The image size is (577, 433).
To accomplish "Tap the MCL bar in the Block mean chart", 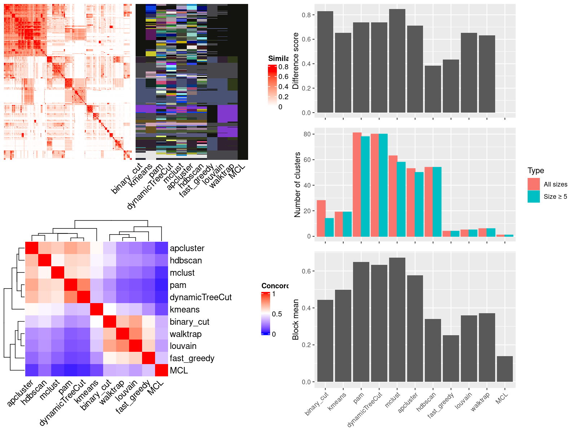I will tap(505, 369).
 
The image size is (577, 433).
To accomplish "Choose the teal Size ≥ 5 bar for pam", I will tap(365, 186).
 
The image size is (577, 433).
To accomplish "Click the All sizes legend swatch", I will tap(534, 184).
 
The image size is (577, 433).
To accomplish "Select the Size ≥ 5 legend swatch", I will tap(534, 197).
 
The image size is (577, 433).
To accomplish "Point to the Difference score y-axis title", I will tap(296, 61).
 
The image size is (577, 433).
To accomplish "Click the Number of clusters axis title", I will tap(297, 184).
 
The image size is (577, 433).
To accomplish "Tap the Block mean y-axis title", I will tap(296, 319).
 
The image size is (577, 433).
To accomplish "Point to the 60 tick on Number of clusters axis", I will tap(307, 159).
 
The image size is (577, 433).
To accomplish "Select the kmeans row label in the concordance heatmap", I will tap(185, 310).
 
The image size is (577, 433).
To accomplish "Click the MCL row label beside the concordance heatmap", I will tap(179, 371).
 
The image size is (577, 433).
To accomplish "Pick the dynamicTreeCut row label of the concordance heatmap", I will tap(201, 297).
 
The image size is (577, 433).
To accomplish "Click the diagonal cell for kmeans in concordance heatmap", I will tap(96, 309).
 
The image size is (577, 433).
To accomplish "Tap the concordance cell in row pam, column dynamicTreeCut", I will tap(83, 285).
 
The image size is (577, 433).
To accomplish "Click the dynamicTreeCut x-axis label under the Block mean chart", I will tap(365, 409).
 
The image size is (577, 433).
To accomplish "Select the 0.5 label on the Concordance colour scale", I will tap(277, 314).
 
